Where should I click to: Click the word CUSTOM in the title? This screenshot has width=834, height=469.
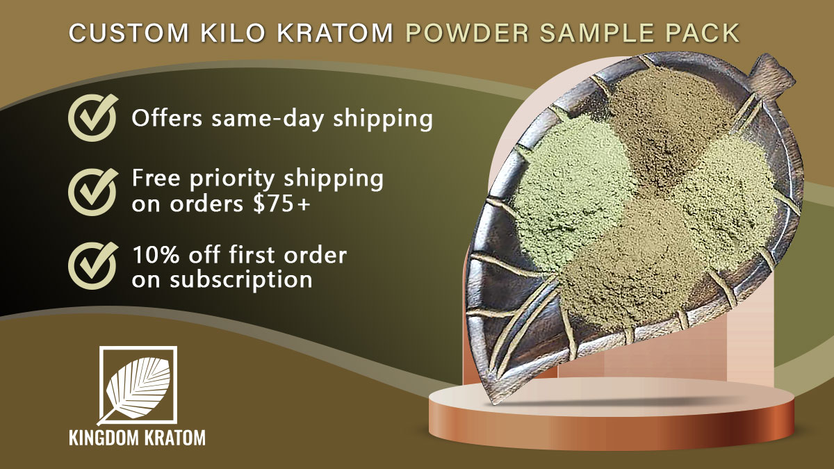[129, 33]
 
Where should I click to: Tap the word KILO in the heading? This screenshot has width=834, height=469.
[233, 33]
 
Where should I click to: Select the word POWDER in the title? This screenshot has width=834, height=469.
[467, 33]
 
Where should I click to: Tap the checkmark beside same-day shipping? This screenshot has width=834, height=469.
[93, 117]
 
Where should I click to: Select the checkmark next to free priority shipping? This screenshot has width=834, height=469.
[93, 192]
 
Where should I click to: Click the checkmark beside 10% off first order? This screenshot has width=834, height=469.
[93, 265]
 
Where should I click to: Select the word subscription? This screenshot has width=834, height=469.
[241, 280]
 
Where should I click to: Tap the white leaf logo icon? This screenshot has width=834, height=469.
[137, 386]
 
